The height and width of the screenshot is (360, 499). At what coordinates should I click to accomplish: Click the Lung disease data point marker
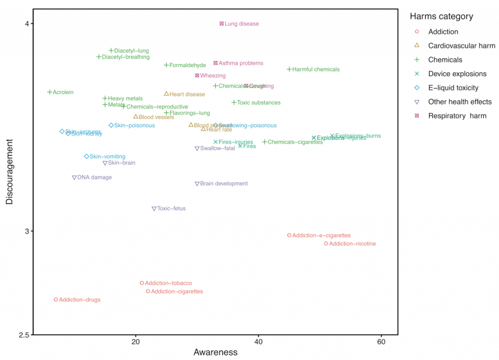221,23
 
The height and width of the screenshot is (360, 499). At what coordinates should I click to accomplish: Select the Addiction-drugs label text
79,300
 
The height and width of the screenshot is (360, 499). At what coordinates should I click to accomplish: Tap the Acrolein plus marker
50,92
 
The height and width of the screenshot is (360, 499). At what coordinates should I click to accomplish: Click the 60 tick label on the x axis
381,342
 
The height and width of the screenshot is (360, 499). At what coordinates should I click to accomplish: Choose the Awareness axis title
215,352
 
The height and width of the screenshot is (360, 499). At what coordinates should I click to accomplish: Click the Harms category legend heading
441,17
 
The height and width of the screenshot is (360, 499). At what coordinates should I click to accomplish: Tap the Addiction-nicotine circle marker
326,244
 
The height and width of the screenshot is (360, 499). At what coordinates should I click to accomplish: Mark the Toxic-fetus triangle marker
154,208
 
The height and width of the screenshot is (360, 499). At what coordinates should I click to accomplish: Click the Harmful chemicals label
316,69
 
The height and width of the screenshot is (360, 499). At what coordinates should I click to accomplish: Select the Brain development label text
224,184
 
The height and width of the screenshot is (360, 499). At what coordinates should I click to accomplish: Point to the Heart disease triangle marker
166,94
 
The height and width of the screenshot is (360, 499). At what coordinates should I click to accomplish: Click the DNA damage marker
74,177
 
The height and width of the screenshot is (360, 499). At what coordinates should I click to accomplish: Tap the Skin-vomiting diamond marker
86,156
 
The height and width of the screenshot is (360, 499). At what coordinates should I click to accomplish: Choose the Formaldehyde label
188,65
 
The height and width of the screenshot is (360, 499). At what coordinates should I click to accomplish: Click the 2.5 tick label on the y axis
24,335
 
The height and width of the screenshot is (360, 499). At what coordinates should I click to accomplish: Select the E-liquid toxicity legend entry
453,88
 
